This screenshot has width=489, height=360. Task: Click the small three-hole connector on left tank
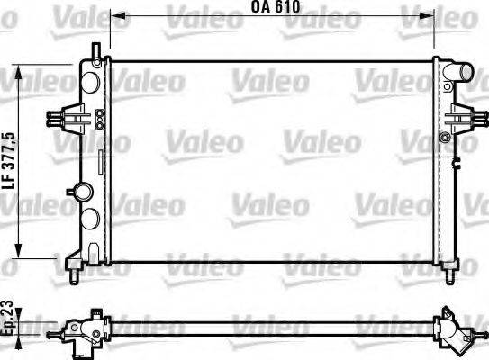98,116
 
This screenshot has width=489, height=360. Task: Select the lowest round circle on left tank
91,218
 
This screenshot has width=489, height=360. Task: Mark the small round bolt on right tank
444,136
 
